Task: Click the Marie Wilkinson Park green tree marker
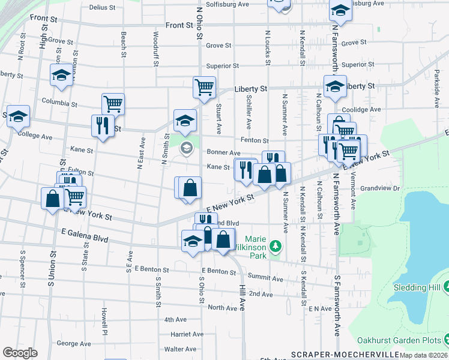click(x=276, y=246)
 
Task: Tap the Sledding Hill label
click(x=417, y=287)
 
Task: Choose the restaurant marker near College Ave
click(x=102, y=125)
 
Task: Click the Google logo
click(x=20, y=353)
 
